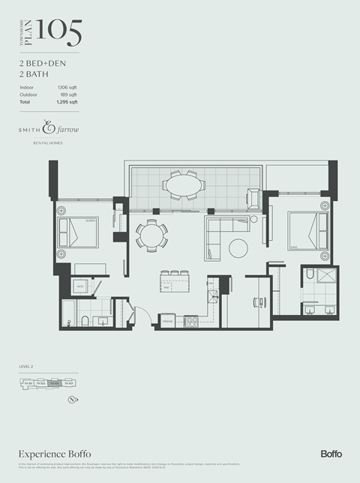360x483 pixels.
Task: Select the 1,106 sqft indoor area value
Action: (x=67, y=88)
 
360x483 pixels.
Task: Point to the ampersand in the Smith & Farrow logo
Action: (x=50, y=128)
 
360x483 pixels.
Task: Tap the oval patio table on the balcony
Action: (x=184, y=184)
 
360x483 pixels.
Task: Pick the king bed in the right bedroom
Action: (x=307, y=230)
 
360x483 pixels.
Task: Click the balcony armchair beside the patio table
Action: (x=254, y=198)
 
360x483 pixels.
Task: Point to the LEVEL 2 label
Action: (x=28, y=366)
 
